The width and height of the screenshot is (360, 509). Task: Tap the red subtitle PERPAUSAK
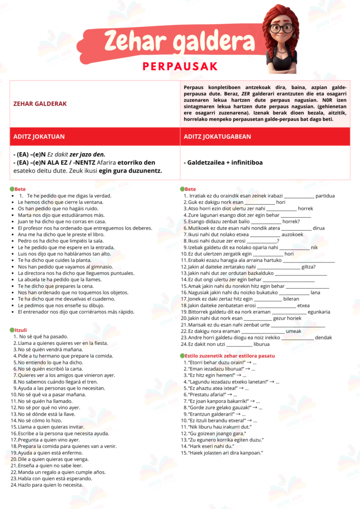click(x=180, y=67)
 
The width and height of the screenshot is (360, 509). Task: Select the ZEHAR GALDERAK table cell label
click(x=40, y=103)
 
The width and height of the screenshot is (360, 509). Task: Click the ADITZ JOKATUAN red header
click(x=39, y=136)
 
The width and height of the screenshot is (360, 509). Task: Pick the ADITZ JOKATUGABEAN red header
click(x=217, y=136)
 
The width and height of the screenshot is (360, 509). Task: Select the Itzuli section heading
click(x=20, y=330)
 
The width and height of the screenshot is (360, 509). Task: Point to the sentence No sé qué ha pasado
click(x=39, y=336)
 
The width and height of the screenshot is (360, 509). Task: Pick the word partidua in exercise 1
click(x=325, y=195)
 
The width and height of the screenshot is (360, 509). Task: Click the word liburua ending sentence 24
click(x=262, y=344)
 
